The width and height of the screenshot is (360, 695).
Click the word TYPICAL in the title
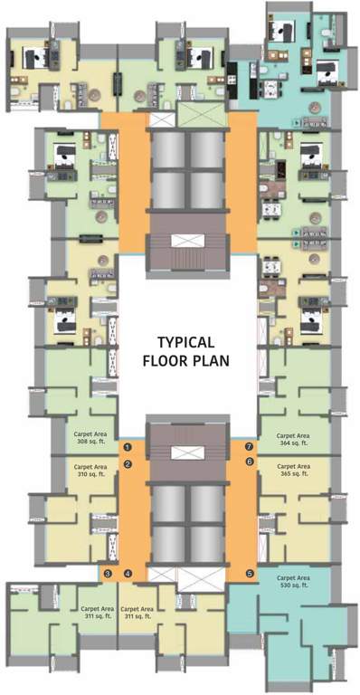[x=185, y=342]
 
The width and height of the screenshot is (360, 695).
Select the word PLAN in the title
[x=213, y=359]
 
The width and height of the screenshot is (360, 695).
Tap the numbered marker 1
[x=128, y=447]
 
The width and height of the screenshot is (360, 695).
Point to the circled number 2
[x=128, y=464]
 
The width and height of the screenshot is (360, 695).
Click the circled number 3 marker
[x=108, y=574]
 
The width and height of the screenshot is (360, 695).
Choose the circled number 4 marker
[x=128, y=574]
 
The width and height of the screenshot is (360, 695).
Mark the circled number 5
[x=251, y=574]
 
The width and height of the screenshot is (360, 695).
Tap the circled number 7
[x=251, y=446]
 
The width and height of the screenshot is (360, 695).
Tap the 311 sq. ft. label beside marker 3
[x=97, y=614]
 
